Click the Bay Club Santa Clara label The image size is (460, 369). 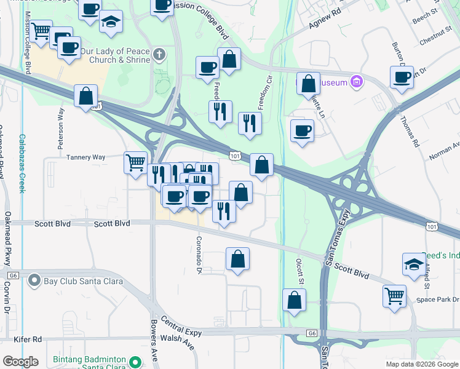tap(83, 282)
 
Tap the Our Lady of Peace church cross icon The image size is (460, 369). tap(159, 55)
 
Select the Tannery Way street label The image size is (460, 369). tap(87, 157)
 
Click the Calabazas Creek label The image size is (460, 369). tap(22, 164)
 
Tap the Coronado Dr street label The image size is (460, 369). tap(199, 255)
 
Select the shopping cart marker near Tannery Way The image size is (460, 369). tap(136, 163)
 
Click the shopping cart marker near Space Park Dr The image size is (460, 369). tap(394, 295)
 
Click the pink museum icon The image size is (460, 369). tap(355, 81)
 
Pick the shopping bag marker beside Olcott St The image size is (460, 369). tap(295, 300)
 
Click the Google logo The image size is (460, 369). tap(21, 362)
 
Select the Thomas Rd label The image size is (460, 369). tap(411, 132)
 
